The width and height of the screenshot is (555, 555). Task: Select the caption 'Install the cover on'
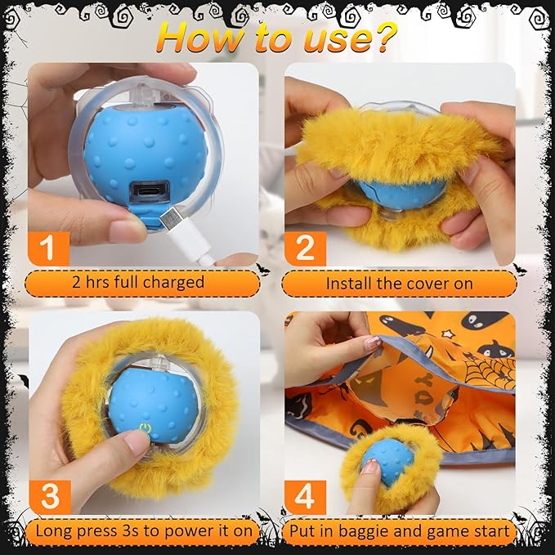(400, 283)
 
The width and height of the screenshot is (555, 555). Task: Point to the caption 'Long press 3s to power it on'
(144, 531)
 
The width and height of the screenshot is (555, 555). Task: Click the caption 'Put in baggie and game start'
(401, 531)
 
